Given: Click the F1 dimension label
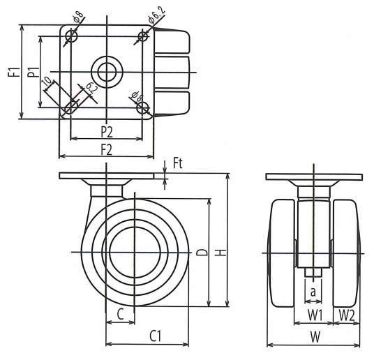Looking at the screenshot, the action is [13, 72].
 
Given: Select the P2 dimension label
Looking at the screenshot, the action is [107, 132].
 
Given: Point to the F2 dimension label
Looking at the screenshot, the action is [107, 150].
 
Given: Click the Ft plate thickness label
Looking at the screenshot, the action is [178, 164].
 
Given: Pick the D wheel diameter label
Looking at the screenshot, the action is [202, 253].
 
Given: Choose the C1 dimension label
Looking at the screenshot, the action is [156, 336].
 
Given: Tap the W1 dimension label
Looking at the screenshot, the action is [315, 315].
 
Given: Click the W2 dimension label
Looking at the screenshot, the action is [347, 315].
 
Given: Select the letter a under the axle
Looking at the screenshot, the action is [313, 292].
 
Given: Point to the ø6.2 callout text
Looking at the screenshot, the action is [156, 16].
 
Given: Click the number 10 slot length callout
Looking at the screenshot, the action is [47, 82].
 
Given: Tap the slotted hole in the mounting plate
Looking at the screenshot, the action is [71, 107].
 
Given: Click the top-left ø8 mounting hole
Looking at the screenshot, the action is [71, 36].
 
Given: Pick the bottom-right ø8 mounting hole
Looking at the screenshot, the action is [143, 108].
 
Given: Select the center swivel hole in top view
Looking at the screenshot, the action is [107, 73].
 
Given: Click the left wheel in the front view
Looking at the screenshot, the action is [283, 253].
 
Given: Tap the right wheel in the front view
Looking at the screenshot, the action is [346, 253].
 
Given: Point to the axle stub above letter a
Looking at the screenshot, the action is [313, 273].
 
